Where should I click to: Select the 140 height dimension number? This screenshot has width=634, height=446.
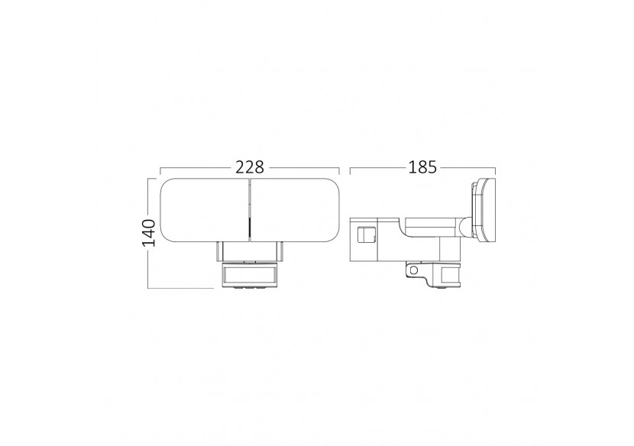(x=150, y=232)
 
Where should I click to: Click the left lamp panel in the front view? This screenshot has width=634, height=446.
(x=204, y=209)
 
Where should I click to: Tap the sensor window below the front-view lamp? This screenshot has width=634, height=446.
(x=249, y=273)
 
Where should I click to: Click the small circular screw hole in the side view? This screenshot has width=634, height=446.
(x=415, y=270)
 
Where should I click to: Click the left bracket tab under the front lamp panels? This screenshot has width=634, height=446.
(x=219, y=250)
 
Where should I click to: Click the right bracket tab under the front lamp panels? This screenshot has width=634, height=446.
(x=280, y=250)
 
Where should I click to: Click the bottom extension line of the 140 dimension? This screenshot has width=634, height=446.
(x=180, y=288)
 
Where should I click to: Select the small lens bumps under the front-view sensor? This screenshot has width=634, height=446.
(x=249, y=288)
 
